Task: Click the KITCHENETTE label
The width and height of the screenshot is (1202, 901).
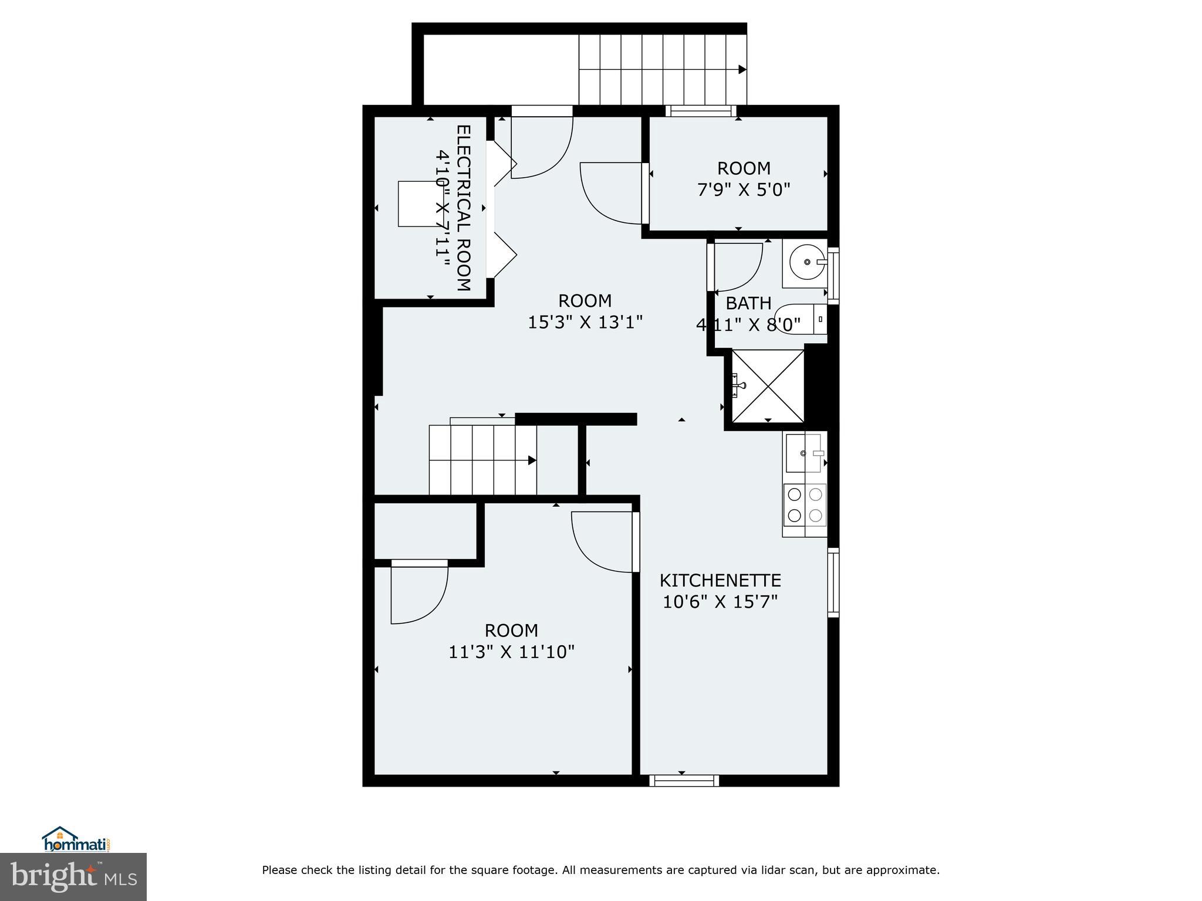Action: [720, 580]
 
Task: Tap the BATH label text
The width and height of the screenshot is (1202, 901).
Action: [748, 303]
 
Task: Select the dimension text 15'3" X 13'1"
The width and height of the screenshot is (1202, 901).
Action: [585, 322]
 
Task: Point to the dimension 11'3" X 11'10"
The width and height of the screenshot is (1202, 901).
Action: [511, 652]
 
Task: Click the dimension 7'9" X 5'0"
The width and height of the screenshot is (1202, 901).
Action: [744, 190]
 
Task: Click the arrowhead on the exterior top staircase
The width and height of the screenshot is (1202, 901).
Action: [742, 69]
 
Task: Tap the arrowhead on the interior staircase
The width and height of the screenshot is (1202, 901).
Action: [532, 460]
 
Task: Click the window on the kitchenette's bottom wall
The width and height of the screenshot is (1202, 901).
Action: [684, 780]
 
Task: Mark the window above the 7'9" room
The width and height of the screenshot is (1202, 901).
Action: [700, 111]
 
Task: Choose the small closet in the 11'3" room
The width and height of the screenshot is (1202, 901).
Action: [425, 531]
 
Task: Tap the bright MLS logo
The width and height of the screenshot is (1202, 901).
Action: [73, 876]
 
